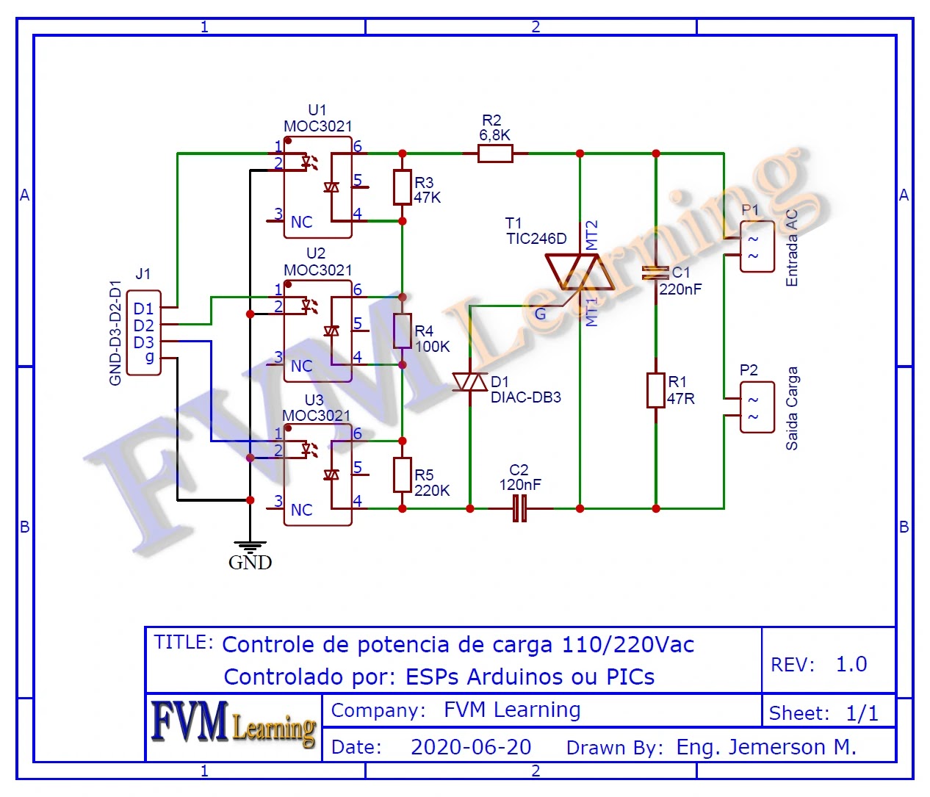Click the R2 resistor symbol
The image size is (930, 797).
[495, 154]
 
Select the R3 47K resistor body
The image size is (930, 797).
[402, 187]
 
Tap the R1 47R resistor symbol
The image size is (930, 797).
[656, 390]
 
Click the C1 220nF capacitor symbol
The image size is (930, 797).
[656, 273]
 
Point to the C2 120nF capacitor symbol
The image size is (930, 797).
[519, 508]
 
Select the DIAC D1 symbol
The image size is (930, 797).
[470, 383]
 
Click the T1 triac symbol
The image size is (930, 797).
[580, 272]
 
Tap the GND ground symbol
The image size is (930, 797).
[250, 547]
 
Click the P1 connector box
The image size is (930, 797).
[757, 247]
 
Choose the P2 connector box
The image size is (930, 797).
[757, 408]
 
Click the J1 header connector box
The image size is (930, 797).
[144, 333]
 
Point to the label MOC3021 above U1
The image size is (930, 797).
[317, 126]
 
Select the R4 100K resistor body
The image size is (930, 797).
[402, 331]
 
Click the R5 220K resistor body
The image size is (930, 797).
[402, 475]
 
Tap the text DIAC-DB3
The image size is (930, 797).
[526, 397]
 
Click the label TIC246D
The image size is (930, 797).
[536, 239]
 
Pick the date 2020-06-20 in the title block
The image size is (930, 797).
[471, 747]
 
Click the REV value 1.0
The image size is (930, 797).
[851, 664]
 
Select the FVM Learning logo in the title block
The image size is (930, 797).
[234, 723]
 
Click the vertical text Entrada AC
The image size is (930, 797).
[791, 248]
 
